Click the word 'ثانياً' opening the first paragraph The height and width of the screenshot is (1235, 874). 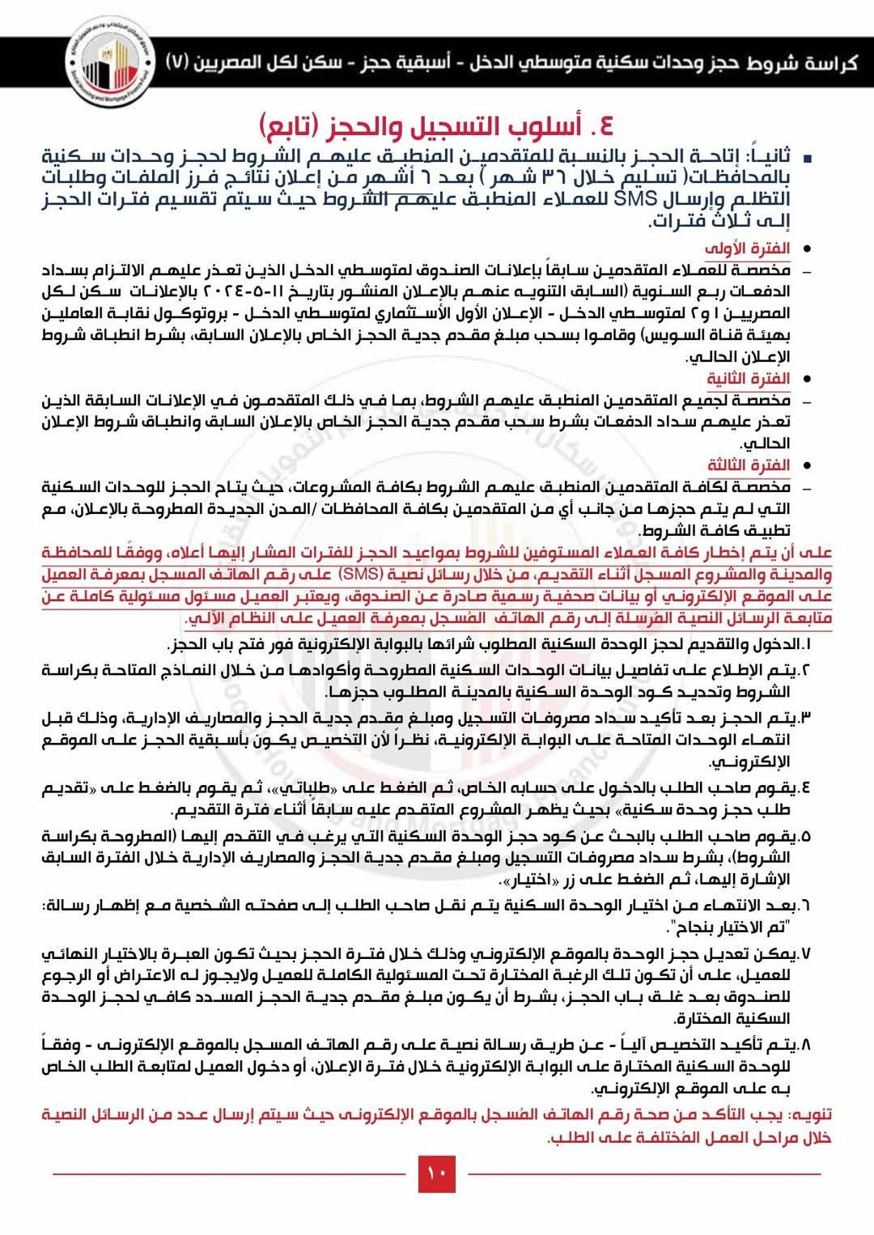[x=756, y=156]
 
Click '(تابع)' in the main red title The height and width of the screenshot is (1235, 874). [x=299, y=126]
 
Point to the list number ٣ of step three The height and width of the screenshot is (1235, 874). [x=805, y=718]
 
